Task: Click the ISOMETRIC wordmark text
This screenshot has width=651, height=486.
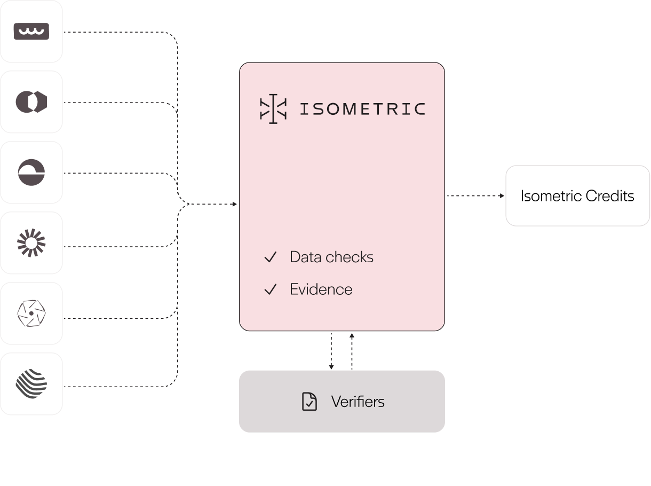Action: tap(362, 109)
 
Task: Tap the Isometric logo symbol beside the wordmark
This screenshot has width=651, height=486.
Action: tap(273, 109)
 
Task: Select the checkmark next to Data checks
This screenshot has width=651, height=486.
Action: tap(271, 257)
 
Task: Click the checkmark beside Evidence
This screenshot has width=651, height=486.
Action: tap(271, 289)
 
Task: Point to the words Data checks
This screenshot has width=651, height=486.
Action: tap(331, 257)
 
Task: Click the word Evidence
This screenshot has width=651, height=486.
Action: tap(321, 289)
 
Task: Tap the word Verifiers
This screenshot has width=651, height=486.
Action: tap(358, 402)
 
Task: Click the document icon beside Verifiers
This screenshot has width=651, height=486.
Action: tap(309, 401)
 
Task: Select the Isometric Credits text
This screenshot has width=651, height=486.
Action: tap(577, 196)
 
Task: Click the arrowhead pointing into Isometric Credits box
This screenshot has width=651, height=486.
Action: tap(502, 196)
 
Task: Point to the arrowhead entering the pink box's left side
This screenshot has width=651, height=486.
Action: tap(235, 204)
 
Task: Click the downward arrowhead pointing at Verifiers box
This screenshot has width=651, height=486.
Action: tap(331, 367)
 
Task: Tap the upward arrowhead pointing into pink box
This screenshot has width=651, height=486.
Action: tap(352, 335)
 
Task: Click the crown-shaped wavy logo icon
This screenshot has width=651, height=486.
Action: tap(31, 32)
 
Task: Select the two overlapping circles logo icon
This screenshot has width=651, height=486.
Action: tap(31, 102)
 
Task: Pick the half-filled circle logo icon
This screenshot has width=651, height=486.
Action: tap(31, 173)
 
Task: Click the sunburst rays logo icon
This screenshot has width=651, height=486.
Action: tap(31, 243)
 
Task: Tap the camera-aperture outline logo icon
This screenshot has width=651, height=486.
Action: tap(31, 313)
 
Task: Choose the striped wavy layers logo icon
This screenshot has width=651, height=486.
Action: tap(31, 384)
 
